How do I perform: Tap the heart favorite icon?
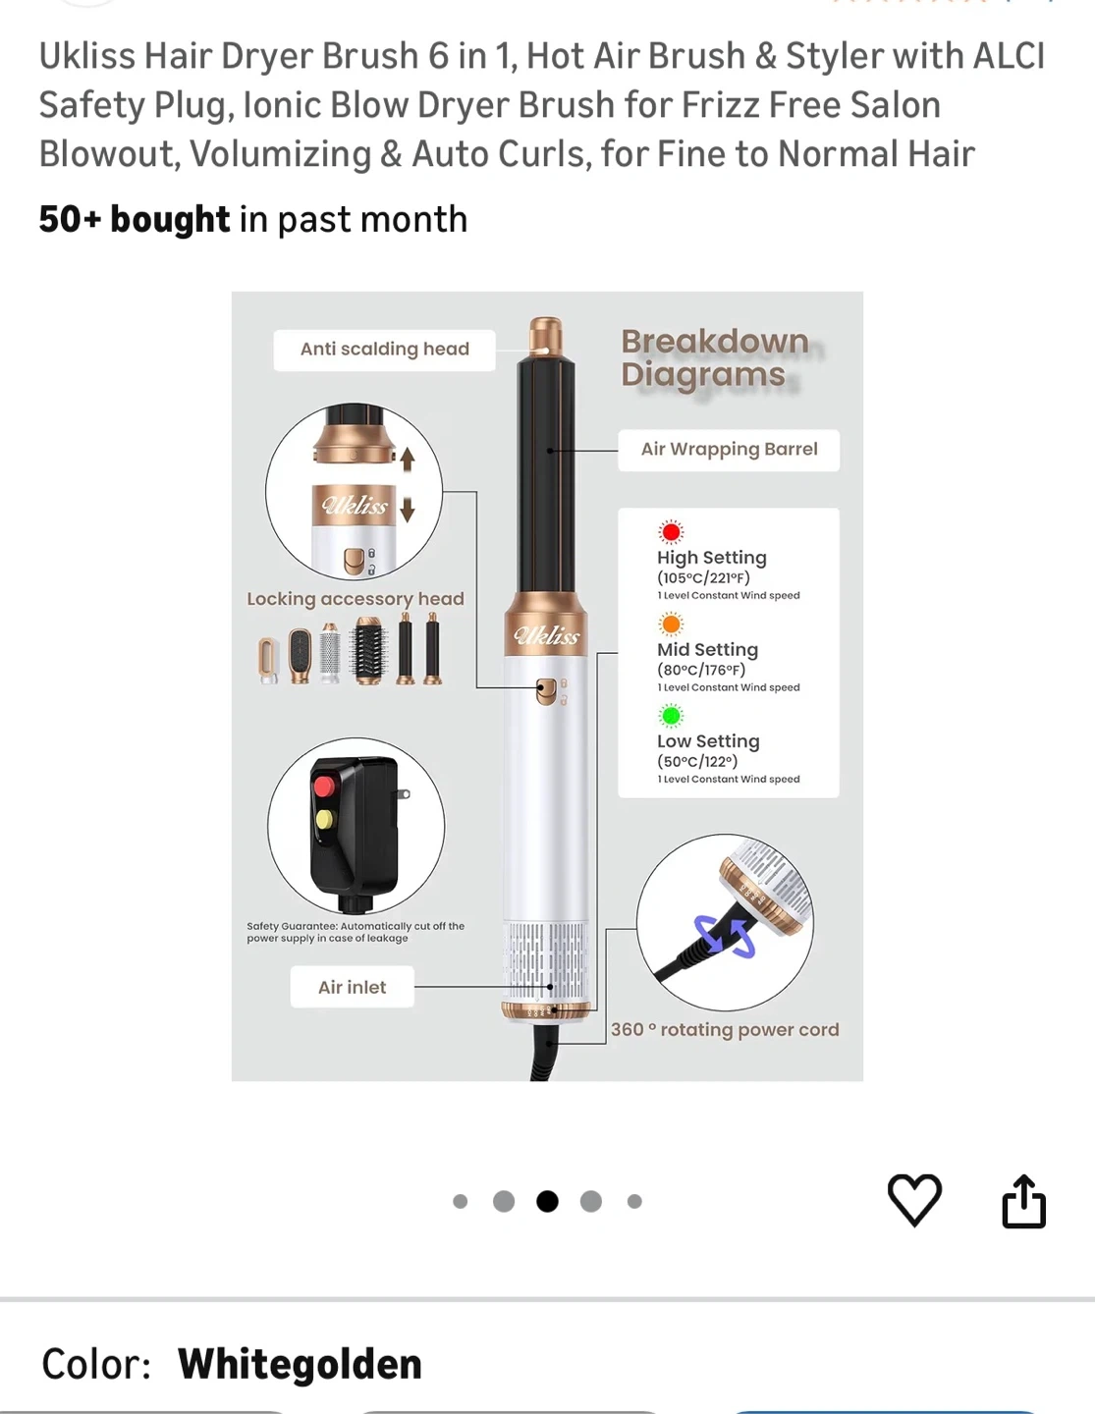pyautogui.click(x=914, y=1200)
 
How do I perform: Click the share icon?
pyautogui.click(x=1023, y=1201)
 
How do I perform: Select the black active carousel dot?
pyautogui.click(x=547, y=1201)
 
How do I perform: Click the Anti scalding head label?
pyautogui.click(x=385, y=350)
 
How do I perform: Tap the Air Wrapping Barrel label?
pyautogui.click(x=729, y=450)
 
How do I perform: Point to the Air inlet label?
pyautogui.click(x=352, y=987)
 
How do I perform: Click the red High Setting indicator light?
pyautogui.click(x=671, y=532)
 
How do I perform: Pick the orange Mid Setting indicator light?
pyautogui.click(x=671, y=625)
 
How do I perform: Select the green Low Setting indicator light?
pyautogui.click(x=671, y=716)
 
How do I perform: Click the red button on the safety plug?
pyautogui.click(x=324, y=787)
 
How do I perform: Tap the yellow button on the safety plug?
pyautogui.click(x=324, y=819)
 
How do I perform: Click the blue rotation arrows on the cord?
pyautogui.click(x=725, y=936)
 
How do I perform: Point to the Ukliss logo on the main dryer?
pyautogui.click(x=546, y=635)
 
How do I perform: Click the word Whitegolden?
pyautogui.click(x=300, y=1363)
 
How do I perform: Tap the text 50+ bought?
pyautogui.click(x=134, y=219)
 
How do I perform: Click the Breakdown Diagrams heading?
pyautogui.click(x=715, y=357)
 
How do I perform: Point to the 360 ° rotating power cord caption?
pyautogui.click(x=725, y=1029)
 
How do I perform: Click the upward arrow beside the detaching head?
pyautogui.click(x=408, y=460)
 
